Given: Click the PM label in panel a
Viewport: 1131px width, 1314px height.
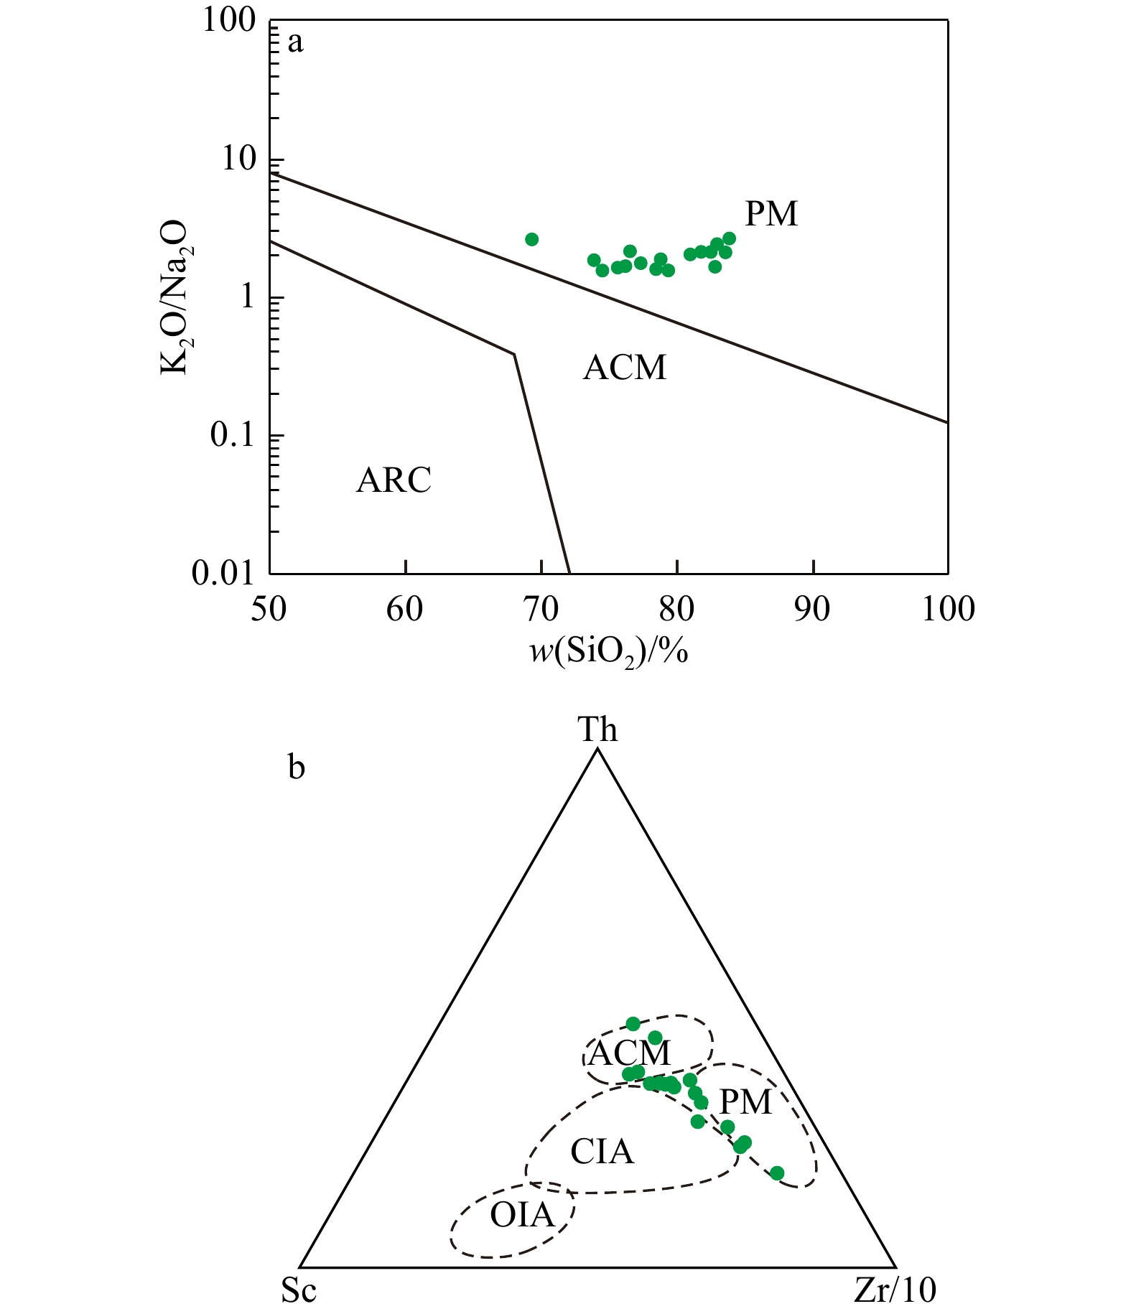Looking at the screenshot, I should click(x=771, y=214).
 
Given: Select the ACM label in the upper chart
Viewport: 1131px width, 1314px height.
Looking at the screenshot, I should click(x=625, y=368).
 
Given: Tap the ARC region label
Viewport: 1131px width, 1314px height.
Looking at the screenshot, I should click(x=394, y=480).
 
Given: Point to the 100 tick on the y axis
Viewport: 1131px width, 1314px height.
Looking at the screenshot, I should click(x=229, y=20).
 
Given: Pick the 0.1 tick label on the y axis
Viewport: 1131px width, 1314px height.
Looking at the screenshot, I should click(x=233, y=435).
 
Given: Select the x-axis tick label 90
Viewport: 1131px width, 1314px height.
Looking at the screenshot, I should click(x=813, y=610).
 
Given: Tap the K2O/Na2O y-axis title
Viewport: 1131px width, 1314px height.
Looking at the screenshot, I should click(x=174, y=297).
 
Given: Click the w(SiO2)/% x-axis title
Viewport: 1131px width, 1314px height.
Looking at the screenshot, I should click(x=609, y=652).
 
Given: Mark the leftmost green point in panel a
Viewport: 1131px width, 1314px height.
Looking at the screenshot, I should click(x=531, y=239).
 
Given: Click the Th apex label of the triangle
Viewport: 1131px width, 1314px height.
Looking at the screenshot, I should click(x=597, y=730).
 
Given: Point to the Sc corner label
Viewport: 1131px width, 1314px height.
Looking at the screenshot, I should click(x=299, y=1290).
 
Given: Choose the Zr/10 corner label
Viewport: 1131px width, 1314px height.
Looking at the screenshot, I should click(x=895, y=1290).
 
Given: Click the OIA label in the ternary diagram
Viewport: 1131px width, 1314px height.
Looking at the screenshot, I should click(x=522, y=1215).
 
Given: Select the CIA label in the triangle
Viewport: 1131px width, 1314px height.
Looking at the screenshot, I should click(x=602, y=1152).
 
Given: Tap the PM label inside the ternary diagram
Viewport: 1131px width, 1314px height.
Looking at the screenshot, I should click(x=745, y=1101).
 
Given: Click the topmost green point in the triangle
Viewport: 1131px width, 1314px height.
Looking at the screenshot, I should click(x=633, y=1023).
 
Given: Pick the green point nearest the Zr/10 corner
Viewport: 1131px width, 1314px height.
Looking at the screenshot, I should click(x=777, y=1173).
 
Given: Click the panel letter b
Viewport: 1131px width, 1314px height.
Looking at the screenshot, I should click(x=296, y=768).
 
